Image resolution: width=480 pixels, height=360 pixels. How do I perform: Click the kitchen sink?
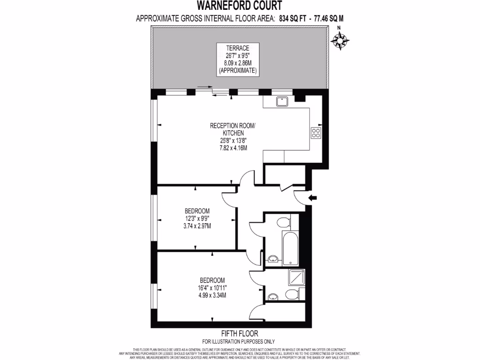click(282, 101)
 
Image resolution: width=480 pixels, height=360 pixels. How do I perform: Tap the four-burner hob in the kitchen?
click(316, 133)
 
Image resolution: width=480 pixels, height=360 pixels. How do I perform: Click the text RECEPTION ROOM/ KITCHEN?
click(232, 129)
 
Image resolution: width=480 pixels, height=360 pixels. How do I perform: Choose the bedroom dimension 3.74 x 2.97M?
click(197, 226)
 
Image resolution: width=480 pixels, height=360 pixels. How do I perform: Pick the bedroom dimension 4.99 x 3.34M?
click(213, 295)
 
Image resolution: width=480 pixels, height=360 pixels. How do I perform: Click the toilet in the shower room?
click(292, 294)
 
